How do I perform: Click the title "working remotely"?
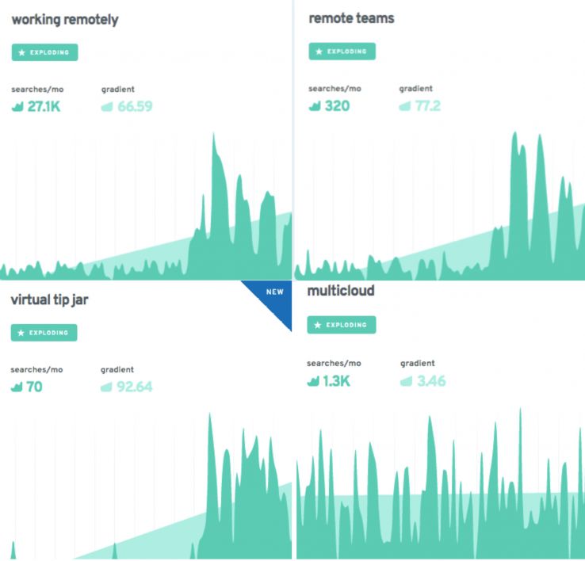click(x=65, y=20)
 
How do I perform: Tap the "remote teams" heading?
click(x=351, y=17)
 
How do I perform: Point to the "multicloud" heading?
click(x=341, y=291)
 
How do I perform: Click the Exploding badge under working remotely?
click(x=44, y=52)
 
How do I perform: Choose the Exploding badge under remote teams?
click(x=342, y=52)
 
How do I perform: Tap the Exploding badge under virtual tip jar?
click(x=44, y=333)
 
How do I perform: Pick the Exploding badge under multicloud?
click(x=341, y=325)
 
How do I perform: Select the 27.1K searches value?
click(x=44, y=106)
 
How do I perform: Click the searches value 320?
click(x=337, y=105)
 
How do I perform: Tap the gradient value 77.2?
click(x=427, y=105)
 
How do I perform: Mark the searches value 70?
click(x=34, y=387)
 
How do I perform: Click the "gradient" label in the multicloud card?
click(x=418, y=363)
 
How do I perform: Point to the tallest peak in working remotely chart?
click(x=214, y=139)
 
